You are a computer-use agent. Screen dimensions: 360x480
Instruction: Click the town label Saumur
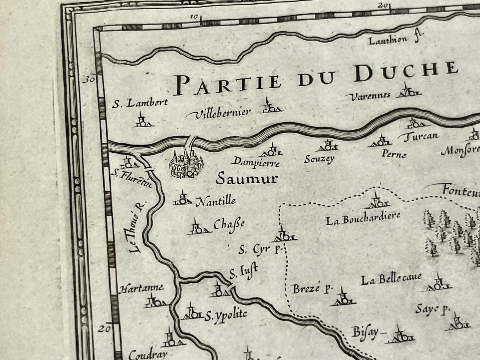click(x=246, y=179)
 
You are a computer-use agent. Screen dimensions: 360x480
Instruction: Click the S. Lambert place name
click(x=140, y=103)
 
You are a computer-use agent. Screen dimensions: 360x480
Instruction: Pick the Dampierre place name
click(x=256, y=162)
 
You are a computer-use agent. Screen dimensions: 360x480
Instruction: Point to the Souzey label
click(x=319, y=159)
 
